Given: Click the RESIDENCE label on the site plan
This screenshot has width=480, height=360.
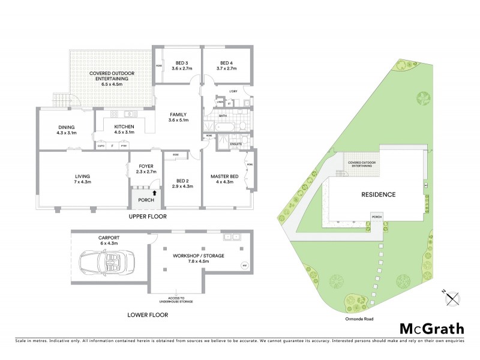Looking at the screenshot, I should (378, 194).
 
